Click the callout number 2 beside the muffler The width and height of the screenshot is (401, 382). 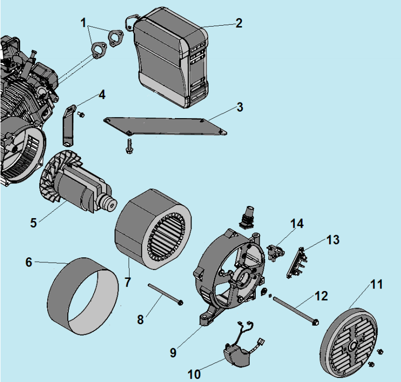[x=238, y=23]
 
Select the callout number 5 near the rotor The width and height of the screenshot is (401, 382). [x=33, y=222]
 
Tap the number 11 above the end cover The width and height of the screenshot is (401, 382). [x=376, y=285]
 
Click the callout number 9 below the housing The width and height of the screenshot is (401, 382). [x=173, y=352]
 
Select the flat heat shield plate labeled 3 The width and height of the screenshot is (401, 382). [x=166, y=126]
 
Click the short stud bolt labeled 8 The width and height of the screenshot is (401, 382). [x=164, y=294]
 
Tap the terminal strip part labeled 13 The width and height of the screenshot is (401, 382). [x=296, y=261]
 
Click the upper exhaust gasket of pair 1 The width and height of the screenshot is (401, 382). [x=116, y=37]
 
